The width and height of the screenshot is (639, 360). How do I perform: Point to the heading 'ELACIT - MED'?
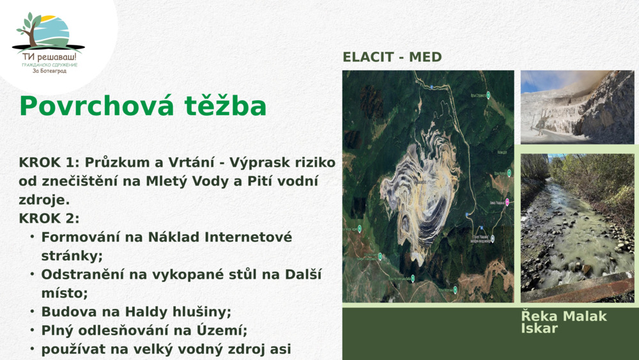pos(392,57)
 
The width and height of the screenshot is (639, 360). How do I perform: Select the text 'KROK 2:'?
pos(49,218)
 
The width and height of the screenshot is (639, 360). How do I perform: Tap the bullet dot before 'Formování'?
pos(31,237)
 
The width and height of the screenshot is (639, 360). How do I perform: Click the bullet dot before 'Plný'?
pos(31,330)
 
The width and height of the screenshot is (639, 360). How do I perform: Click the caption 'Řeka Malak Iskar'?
pos(564,322)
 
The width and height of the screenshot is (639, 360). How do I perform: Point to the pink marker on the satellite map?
pos(507,202)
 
